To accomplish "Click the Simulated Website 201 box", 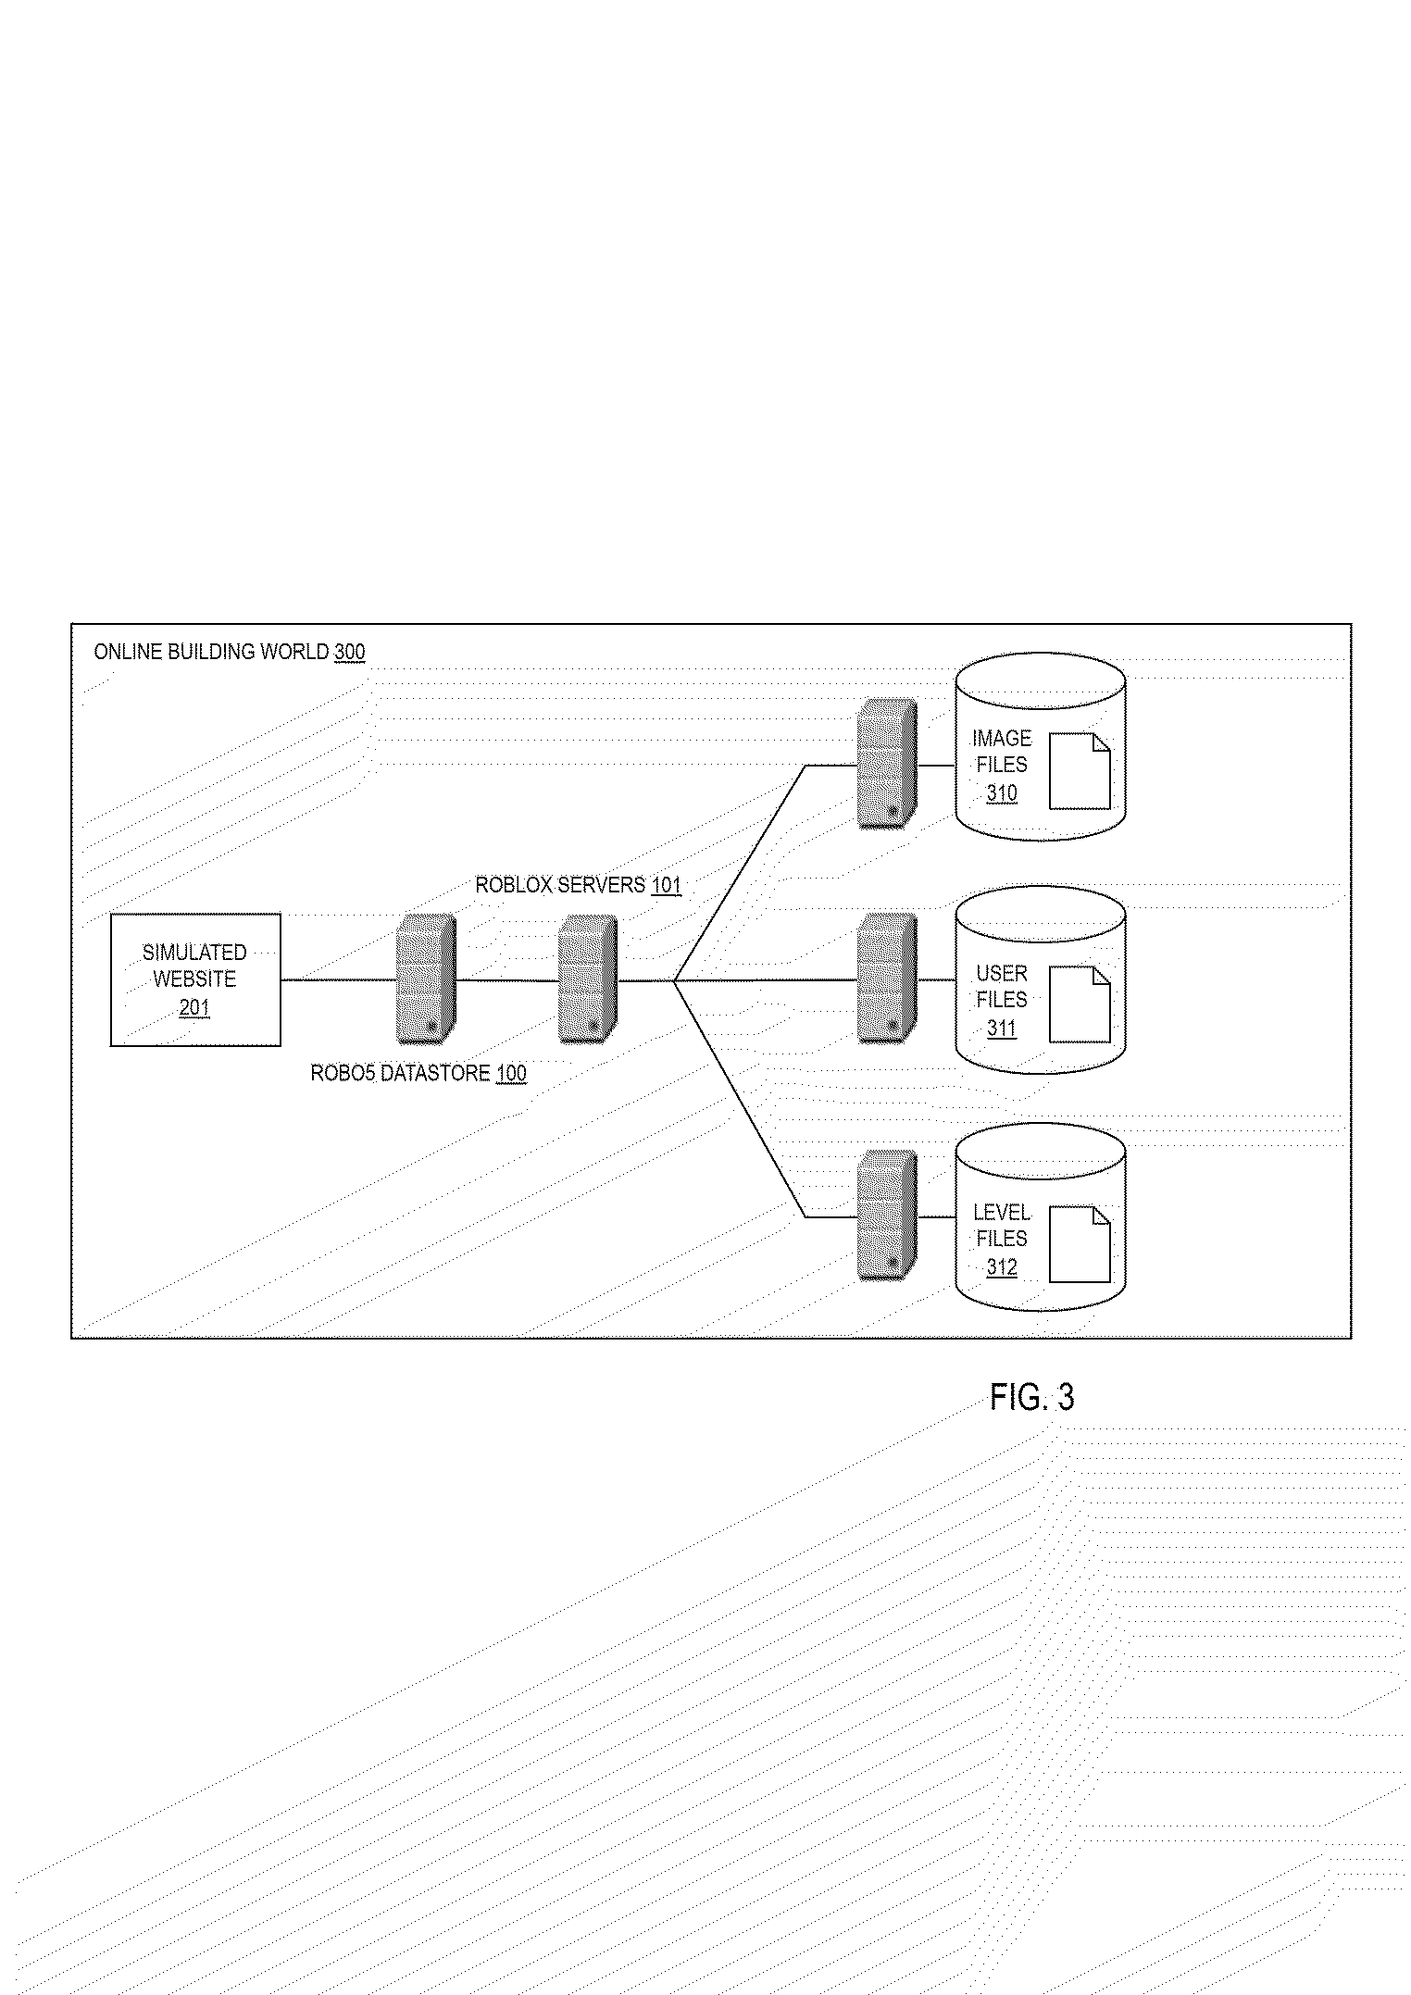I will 195,979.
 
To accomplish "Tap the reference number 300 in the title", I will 350,653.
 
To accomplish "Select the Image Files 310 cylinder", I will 1040,746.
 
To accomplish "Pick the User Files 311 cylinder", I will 1040,981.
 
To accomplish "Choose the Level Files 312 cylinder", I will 1040,1216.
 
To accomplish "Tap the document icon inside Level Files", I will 1080,1244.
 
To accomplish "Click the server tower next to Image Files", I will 887,764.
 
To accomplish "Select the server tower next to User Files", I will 887,979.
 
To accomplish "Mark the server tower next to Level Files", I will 887,1216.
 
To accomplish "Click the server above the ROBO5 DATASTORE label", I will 425,979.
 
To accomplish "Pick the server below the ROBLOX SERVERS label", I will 587,979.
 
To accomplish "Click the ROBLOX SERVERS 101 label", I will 578,885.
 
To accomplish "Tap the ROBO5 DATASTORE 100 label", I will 418,1074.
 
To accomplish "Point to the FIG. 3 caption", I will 1031,1397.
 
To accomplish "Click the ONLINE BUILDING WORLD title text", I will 211,653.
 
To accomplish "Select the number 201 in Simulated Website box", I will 194,1006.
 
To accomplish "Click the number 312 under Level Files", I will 1002,1266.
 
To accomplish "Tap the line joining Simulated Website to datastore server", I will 338,979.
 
